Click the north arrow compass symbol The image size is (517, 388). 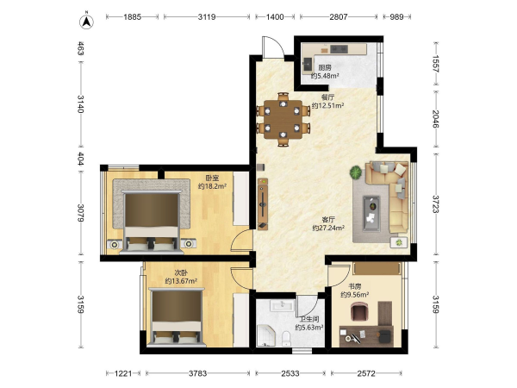86,22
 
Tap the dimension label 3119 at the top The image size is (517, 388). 207,17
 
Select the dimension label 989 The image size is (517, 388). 396,17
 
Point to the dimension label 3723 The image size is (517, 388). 436,203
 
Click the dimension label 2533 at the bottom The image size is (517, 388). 290,373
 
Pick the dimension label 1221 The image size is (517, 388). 123,373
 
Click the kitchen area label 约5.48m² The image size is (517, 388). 325,76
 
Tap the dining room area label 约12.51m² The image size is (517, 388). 327,105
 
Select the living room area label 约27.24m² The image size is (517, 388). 328,228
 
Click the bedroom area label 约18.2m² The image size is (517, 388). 212,186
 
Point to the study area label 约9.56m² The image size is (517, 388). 354,295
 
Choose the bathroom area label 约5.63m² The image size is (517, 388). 309,328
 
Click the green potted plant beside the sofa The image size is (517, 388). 356,172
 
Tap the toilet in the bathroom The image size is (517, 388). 286,338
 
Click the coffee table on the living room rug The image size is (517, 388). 371,213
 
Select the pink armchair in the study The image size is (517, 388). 358,312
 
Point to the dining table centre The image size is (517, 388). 283,120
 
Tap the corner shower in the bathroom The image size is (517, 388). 265,335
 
